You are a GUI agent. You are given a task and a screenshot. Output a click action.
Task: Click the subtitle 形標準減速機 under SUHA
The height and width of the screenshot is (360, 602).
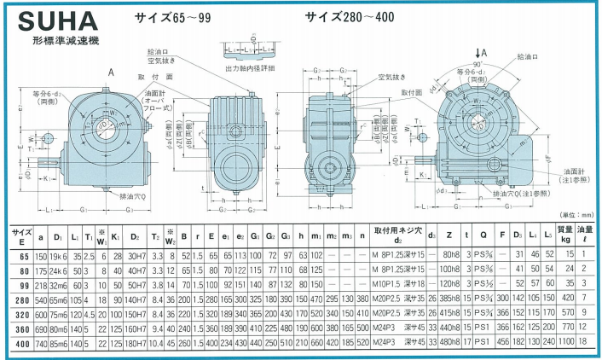click(64, 41)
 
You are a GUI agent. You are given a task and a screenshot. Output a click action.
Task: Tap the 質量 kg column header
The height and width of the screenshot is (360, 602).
click(565, 234)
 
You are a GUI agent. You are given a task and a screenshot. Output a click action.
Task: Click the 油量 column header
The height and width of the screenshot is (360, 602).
click(587, 234)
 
